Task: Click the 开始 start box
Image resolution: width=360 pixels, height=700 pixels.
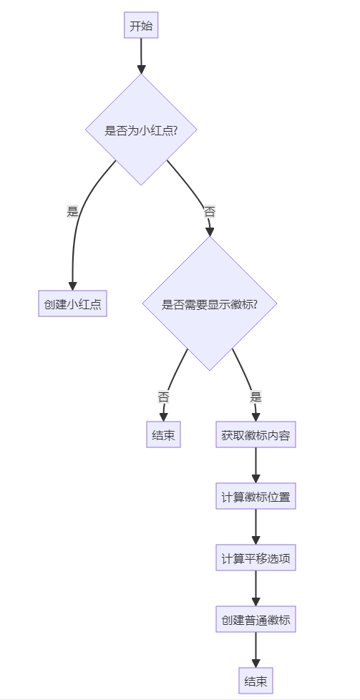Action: point(141,27)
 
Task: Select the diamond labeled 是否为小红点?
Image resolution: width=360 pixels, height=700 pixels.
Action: point(141,130)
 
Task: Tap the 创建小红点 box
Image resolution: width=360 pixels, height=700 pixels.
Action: point(72,304)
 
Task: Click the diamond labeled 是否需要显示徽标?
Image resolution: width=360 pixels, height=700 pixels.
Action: point(210,303)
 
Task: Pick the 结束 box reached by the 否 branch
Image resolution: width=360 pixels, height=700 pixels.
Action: point(163,434)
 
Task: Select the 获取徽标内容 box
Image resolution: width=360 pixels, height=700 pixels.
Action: point(256,434)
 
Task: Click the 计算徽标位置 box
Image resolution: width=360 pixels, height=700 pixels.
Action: point(256,496)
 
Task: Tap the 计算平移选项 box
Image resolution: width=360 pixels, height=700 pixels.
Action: point(256,558)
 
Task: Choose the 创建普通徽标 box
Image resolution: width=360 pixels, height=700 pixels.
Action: point(256,619)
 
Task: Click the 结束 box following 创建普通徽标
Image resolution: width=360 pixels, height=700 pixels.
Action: point(256,681)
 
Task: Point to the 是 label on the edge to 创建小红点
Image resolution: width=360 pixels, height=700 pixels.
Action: point(72,211)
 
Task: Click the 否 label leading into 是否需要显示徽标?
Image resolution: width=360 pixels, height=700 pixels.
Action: point(209,211)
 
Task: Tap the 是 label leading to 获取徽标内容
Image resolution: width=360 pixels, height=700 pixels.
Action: point(256,396)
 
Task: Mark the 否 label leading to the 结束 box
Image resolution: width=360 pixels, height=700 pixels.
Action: point(163,396)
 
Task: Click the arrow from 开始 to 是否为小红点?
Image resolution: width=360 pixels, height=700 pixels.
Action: point(141,56)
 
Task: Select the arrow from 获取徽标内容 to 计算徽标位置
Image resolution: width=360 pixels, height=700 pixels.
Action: point(256,465)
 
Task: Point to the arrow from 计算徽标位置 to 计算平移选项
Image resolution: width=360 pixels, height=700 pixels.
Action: point(256,527)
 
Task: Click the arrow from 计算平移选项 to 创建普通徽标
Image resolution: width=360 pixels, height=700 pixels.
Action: point(256,588)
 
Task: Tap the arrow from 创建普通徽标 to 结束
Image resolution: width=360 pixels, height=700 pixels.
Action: point(256,650)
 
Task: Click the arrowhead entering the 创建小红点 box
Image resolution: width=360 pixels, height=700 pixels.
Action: point(72,286)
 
